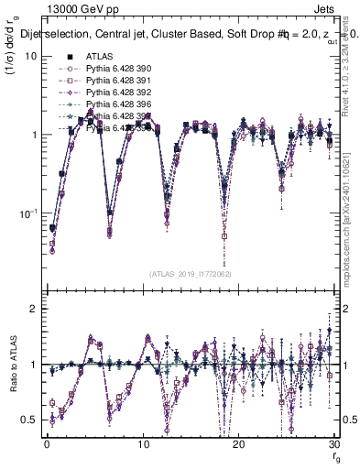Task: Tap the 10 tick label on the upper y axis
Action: [30, 57]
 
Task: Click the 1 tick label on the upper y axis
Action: [33, 136]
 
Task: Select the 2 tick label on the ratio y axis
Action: [33, 310]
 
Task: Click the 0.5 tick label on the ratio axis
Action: [29, 420]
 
